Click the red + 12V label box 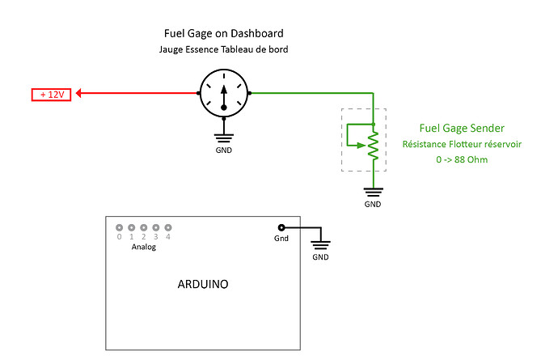(x=52, y=94)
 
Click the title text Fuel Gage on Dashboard (x=223, y=34)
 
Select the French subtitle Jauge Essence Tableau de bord (x=223, y=50)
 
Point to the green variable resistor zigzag (x=373, y=146)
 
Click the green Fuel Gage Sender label (x=462, y=128)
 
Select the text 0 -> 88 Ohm (x=462, y=159)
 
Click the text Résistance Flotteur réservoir (x=462, y=144)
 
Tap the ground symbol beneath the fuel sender (x=373, y=193)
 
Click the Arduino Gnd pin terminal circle (x=281, y=228)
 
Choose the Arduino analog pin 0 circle (x=119, y=228)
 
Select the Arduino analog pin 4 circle (x=168, y=228)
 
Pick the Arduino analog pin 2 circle (x=144, y=228)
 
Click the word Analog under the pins (x=144, y=248)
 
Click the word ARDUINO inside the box (x=202, y=285)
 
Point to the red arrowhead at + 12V (x=82, y=94)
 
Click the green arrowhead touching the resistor (x=363, y=146)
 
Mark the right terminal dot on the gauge (x=249, y=94)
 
